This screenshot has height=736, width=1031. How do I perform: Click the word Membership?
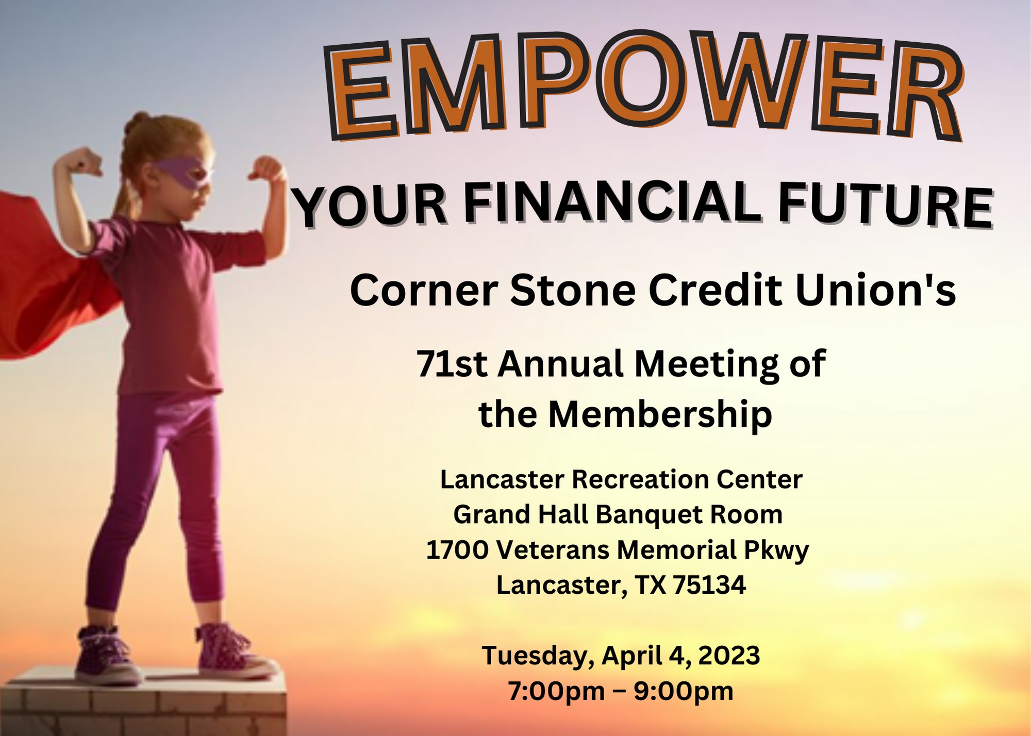tap(660, 414)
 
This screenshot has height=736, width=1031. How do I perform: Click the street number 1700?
tap(457, 550)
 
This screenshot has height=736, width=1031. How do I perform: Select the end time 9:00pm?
tap(683, 691)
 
